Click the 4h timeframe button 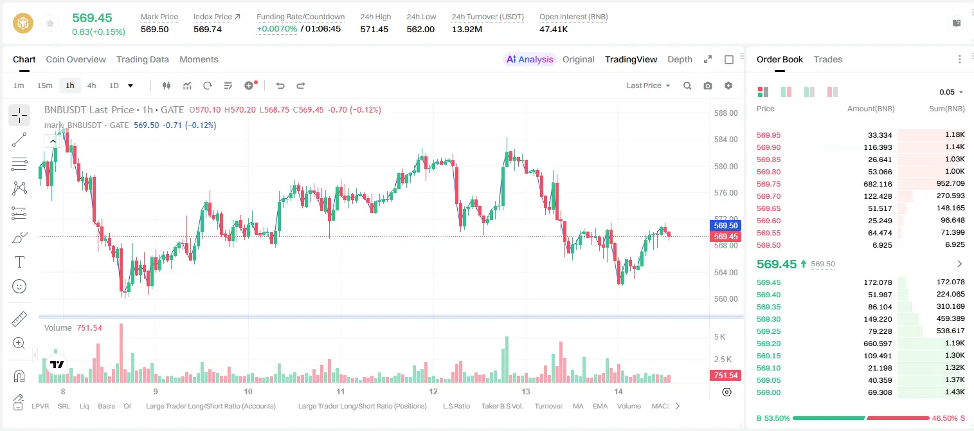coord(91,86)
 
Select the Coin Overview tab coord(76,59)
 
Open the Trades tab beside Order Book coord(827,59)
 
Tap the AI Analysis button coord(530,59)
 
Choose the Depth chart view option coord(680,59)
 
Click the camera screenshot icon coord(707,86)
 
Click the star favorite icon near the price coord(50,23)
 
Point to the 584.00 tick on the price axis coord(726,140)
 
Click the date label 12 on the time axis coord(433,391)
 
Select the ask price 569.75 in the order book coord(768,184)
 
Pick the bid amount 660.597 coord(878,344)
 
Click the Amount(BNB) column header coord(870,109)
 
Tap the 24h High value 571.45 coord(374,29)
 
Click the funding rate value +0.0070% coord(276,29)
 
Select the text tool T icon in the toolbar coord(19,262)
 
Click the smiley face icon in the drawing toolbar coord(19,286)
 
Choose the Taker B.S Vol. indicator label coord(501,406)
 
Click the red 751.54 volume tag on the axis coord(725,375)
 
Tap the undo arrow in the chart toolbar coord(280,86)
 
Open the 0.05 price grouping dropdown coord(951,92)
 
